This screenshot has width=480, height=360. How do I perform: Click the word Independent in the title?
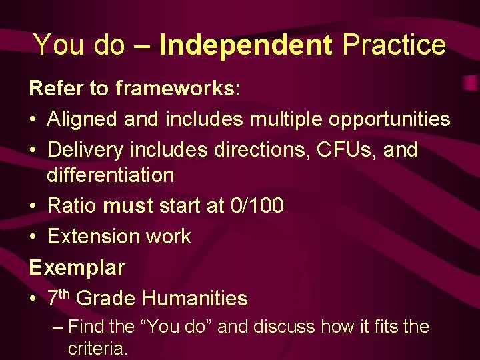click(245, 45)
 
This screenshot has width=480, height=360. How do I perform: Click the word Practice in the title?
click(393, 45)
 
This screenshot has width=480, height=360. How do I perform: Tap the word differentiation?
click(110, 176)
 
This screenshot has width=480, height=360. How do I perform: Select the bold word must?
click(128, 206)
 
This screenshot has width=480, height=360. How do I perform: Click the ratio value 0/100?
click(256, 206)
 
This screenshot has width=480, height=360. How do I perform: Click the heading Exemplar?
click(77, 268)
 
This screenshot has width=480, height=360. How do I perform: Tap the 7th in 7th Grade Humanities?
click(59, 297)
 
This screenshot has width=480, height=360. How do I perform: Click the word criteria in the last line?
click(98, 348)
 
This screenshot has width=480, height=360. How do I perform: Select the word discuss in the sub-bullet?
click(284, 327)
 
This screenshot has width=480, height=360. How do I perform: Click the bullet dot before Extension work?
click(33, 237)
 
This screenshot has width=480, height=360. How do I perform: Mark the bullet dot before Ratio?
click(33, 207)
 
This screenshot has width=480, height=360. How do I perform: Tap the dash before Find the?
click(58, 327)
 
